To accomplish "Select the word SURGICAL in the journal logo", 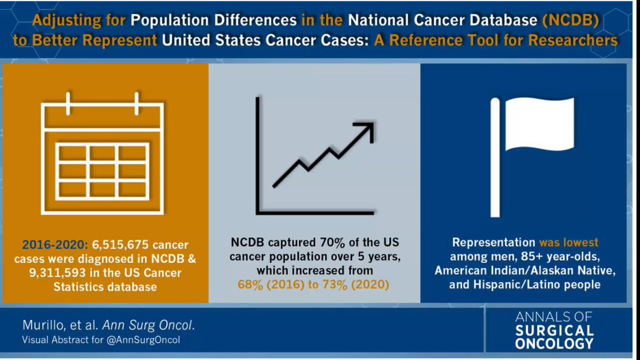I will pyautogui.click(x=554, y=330).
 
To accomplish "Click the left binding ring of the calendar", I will pyautogui.click(x=68, y=103).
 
